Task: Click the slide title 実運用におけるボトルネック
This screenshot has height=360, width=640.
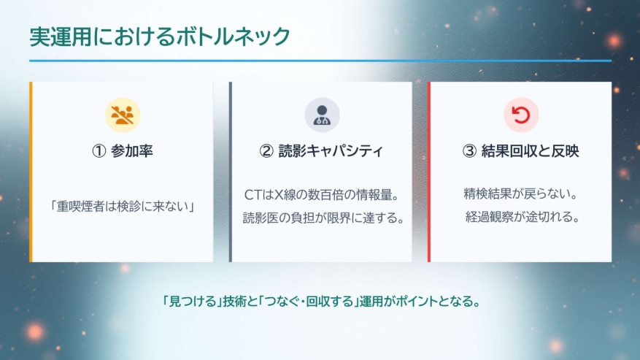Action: click(160, 37)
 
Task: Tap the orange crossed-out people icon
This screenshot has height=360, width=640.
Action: click(122, 115)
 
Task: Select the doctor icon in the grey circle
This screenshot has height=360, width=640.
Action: click(322, 115)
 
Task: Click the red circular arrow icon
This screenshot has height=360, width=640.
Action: click(520, 115)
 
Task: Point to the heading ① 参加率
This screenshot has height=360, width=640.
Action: click(122, 151)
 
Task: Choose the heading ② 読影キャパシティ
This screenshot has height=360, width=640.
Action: click(322, 151)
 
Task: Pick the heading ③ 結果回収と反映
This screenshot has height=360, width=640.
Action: click(520, 151)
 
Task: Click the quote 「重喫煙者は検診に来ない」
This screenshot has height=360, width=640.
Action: click(122, 207)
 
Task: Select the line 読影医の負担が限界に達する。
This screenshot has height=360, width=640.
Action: click(322, 218)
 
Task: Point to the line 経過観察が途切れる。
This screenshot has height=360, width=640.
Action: click(520, 218)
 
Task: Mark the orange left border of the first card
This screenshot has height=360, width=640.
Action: click(31, 172)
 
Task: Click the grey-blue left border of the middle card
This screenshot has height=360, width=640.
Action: click(231, 172)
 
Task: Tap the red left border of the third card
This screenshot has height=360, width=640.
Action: click(429, 172)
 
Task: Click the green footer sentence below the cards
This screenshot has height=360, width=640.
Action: click(320, 301)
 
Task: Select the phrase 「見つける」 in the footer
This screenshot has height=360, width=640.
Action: click(182, 301)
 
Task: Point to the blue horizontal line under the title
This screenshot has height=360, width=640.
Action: click(320, 61)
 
